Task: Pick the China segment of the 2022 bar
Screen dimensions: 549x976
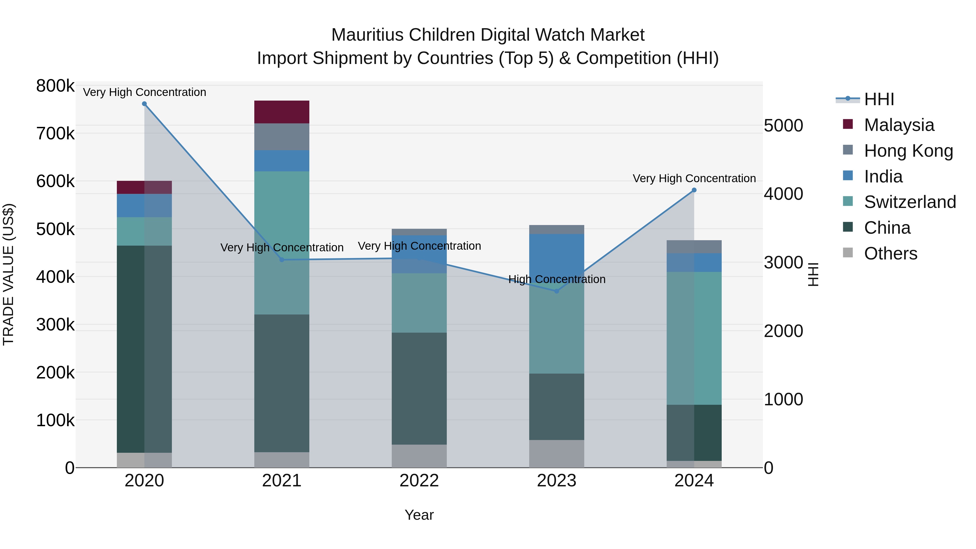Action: coord(419,388)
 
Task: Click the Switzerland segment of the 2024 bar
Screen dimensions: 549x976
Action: coord(694,338)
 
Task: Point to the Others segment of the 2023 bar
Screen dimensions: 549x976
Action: coord(557,454)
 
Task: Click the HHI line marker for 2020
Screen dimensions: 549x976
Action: coord(144,104)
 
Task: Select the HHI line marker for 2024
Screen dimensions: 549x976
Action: coord(694,190)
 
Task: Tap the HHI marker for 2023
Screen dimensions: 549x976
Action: coord(557,291)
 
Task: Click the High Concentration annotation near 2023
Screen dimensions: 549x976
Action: coord(557,279)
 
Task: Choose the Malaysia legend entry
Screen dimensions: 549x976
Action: coord(899,125)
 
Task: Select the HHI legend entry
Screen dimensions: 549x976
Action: coord(879,99)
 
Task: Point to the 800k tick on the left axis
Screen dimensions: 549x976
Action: coord(55,86)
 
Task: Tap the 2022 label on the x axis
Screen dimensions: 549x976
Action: coord(419,480)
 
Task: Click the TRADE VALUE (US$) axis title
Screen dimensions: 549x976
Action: coord(8,274)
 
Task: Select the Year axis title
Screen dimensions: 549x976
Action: coord(419,515)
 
